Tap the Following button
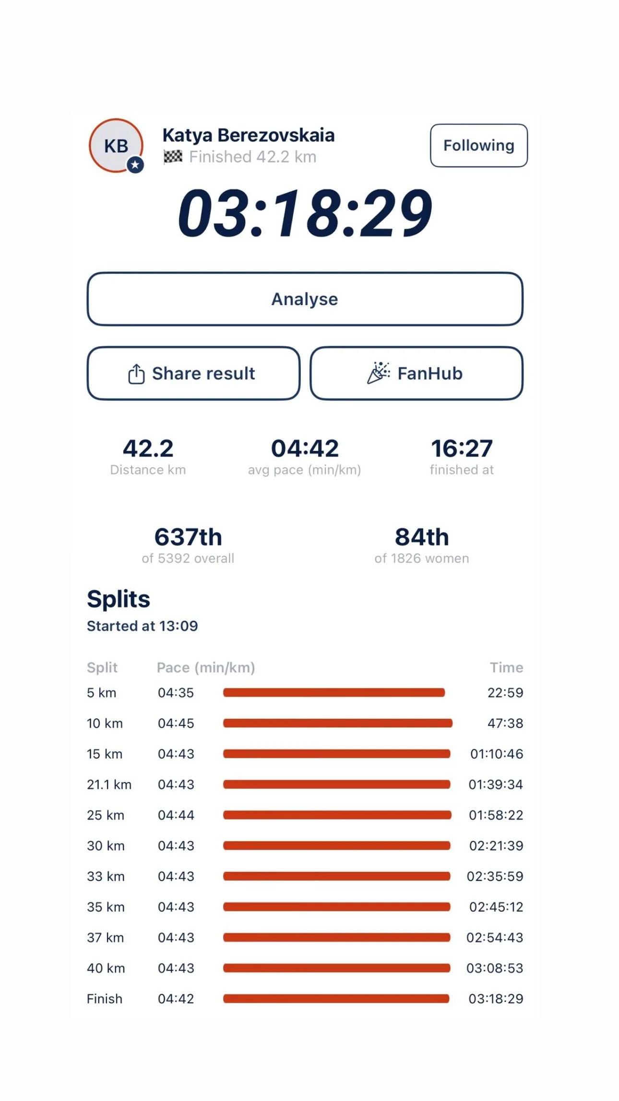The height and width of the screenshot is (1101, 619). [x=478, y=145]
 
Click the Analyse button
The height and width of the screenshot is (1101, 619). [x=305, y=299]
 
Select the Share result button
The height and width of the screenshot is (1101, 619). [x=193, y=373]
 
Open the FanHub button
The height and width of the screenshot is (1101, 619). [x=417, y=373]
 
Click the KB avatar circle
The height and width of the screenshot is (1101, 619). [x=116, y=145]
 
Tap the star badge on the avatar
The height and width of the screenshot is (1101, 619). [x=135, y=165]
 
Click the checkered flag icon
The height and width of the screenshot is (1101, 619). [x=173, y=157]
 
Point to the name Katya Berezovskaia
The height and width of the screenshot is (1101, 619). [x=249, y=135]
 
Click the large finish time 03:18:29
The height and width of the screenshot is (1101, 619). [x=305, y=213]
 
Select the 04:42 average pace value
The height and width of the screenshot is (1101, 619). [x=305, y=448]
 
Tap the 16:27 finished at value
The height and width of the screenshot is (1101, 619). [x=462, y=448]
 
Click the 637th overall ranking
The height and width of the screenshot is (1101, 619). [x=188, y=537]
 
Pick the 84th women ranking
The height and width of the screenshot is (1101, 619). [x=422, y=537]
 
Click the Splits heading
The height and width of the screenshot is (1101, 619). [x=119, y=599]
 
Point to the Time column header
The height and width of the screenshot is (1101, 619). [x=506, y=667]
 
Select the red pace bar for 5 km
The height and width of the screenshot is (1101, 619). [x=334, y=692]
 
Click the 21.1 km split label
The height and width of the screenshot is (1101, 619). [x=109, y=784]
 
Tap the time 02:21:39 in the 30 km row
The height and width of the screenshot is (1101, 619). [x=496, y=846]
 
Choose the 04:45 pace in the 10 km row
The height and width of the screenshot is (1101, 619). [x=176, y=723]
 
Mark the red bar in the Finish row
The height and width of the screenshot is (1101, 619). [x=336, y=999]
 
